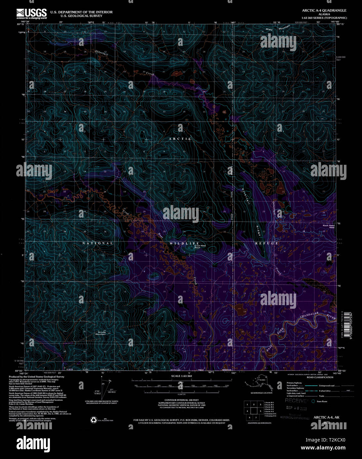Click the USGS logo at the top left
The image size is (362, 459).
pos(32,14)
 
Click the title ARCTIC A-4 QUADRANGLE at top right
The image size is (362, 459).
pos(324,11)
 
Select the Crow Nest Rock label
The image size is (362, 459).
pos(200,246)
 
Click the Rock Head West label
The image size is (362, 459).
pos(329,226)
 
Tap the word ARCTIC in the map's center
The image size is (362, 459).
pos(180,139)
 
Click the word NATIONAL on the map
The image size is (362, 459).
pos(98,243)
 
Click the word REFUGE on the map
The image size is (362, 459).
pos(266,243)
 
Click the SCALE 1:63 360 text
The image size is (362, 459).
pos(181,376)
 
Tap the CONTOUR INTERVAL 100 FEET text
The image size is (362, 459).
pos(181,400)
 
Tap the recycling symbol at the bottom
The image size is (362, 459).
pos(94,420)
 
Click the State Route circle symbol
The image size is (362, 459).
pos(313,401)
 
